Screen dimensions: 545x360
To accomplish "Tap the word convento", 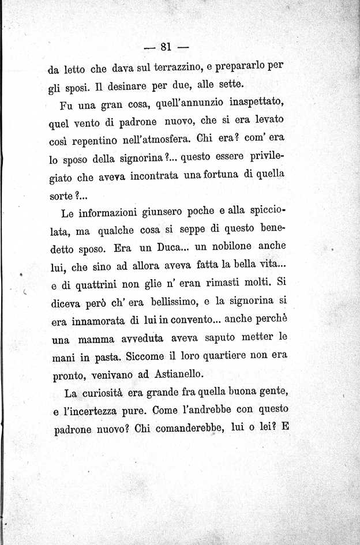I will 191,319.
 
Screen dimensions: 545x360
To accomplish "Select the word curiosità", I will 113,394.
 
